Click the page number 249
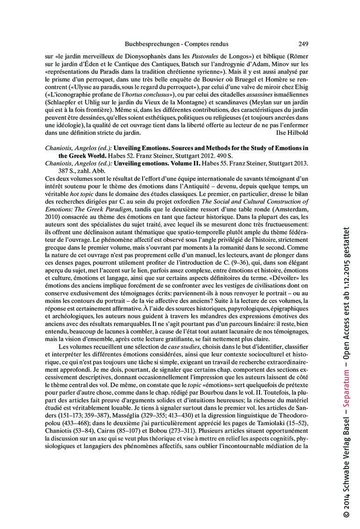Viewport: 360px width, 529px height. pos(302,44)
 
